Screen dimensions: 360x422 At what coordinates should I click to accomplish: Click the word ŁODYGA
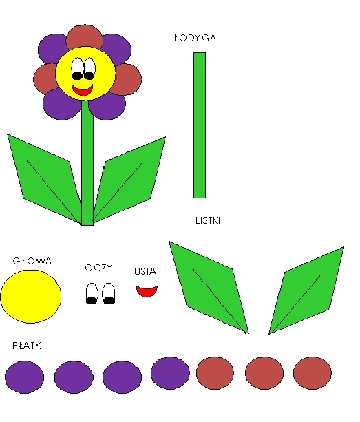pyautogui.click(x=195, y=38)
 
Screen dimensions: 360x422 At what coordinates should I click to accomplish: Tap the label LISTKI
pyautogui.click(x=208, y=221)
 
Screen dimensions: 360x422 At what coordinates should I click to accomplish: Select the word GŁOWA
pyautogui.click(x=32, y=261)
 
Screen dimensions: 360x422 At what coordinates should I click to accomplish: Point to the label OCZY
pyautogui.click(x=98, y=268)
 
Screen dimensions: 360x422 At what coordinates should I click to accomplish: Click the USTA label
pyautogui.click(x=145, y=271)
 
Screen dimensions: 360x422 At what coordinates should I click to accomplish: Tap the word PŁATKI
pyautogui.click(x=28, y=346)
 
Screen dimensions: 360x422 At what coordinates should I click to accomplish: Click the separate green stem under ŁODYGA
pyautogui.click(x=200, y=125)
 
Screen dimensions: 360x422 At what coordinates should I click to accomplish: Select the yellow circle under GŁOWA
pyautogui.click(x=31, y=296)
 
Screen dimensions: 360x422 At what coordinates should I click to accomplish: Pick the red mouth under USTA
pyautogui.click(x=147, y=291)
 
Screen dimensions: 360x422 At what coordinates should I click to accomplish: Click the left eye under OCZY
pyautogui.click(x=92, y=293)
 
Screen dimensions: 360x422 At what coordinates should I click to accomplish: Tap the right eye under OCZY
pyautogui.click(x=109, y=293)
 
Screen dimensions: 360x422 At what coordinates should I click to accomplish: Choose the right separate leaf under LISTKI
pyautogui.click(x=306, y=291)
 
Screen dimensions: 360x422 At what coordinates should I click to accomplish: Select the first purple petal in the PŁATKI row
pyautogui.click(x=25, y=377)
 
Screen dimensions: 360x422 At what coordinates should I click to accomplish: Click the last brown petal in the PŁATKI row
pyautogui.click(x=313, y=373)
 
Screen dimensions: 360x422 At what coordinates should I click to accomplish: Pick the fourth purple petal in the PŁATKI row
pyautogui.click(x=170, y=373)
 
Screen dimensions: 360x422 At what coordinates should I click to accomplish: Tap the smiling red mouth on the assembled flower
pyautogui.click(x=83, y=90)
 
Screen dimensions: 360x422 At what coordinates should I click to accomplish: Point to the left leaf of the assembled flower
pyautogui.click(x=44, y=179)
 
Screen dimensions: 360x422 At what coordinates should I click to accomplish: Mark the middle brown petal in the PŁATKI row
pyautogui.click(x=264, y=373)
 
